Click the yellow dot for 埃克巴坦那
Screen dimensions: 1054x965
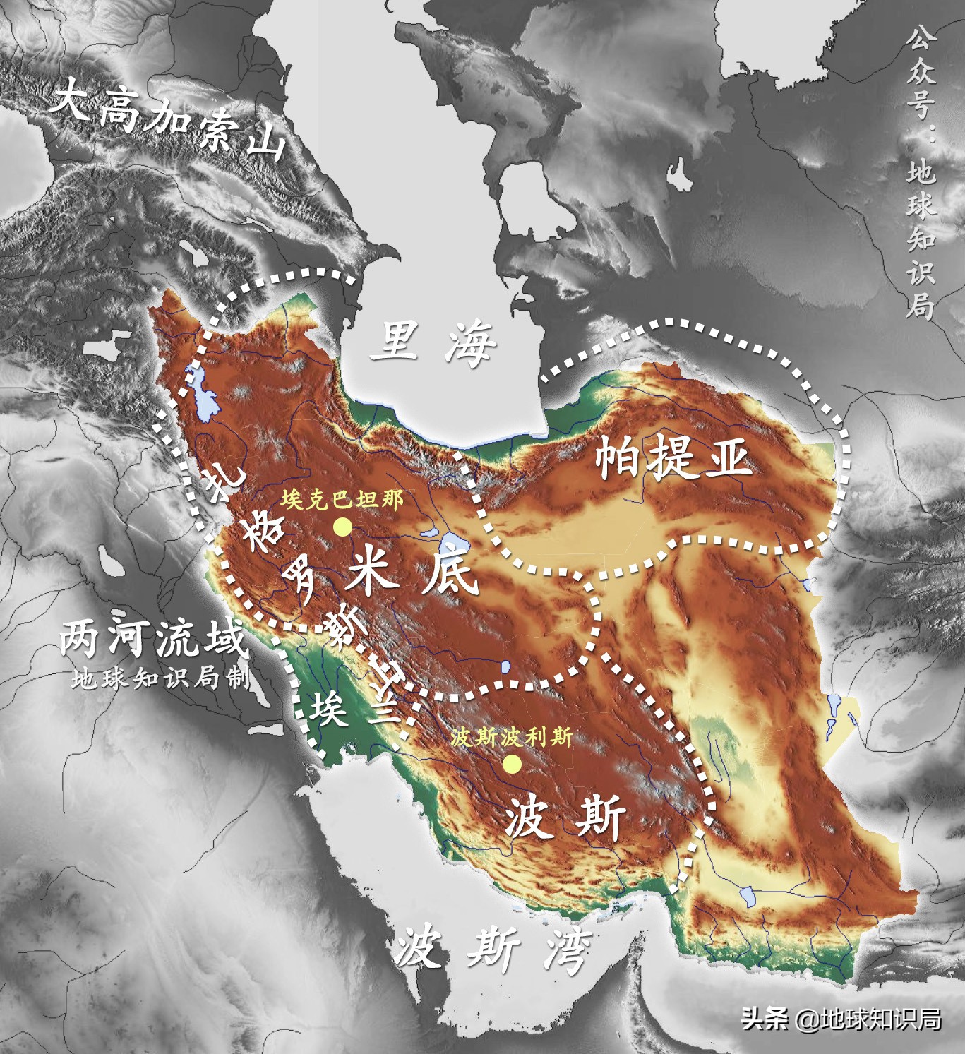[343, 527]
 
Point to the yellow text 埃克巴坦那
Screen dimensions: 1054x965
[342, 500]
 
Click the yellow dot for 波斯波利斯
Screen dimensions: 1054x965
[513, 764]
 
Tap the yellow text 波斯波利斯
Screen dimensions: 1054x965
[511, 737]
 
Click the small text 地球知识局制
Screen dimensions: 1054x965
[160, 678]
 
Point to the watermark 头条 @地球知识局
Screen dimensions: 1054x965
[841, 1019]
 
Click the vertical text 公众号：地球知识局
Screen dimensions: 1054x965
[921, 173]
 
